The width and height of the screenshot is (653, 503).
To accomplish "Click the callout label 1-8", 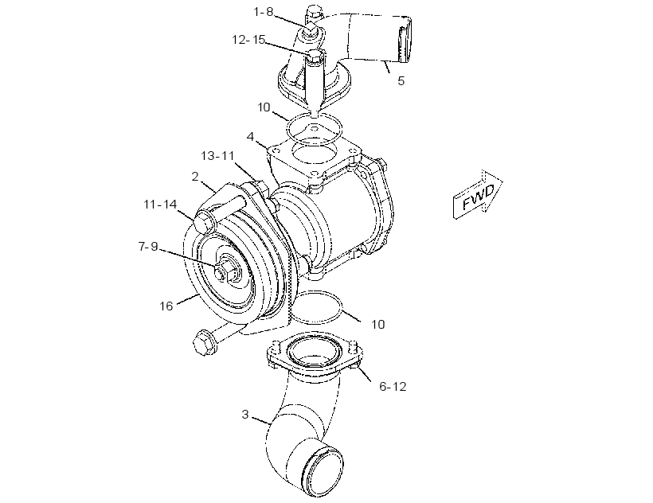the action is click(264, 12).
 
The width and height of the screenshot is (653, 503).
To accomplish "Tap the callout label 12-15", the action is click(248, 40).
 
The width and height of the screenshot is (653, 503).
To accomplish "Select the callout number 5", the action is click(401, 80).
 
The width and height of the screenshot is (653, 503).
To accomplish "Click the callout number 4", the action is click(250, 136).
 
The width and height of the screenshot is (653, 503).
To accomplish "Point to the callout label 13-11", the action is click(218, 156).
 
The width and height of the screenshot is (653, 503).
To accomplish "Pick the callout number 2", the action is click(195, 177).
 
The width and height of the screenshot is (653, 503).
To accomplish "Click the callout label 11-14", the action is click(160, 205).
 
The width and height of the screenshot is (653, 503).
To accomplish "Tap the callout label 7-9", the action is click(148, 246).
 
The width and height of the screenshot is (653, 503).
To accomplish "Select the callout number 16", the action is click(166, 306).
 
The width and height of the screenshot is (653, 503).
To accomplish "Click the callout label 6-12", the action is click(393, 387).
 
